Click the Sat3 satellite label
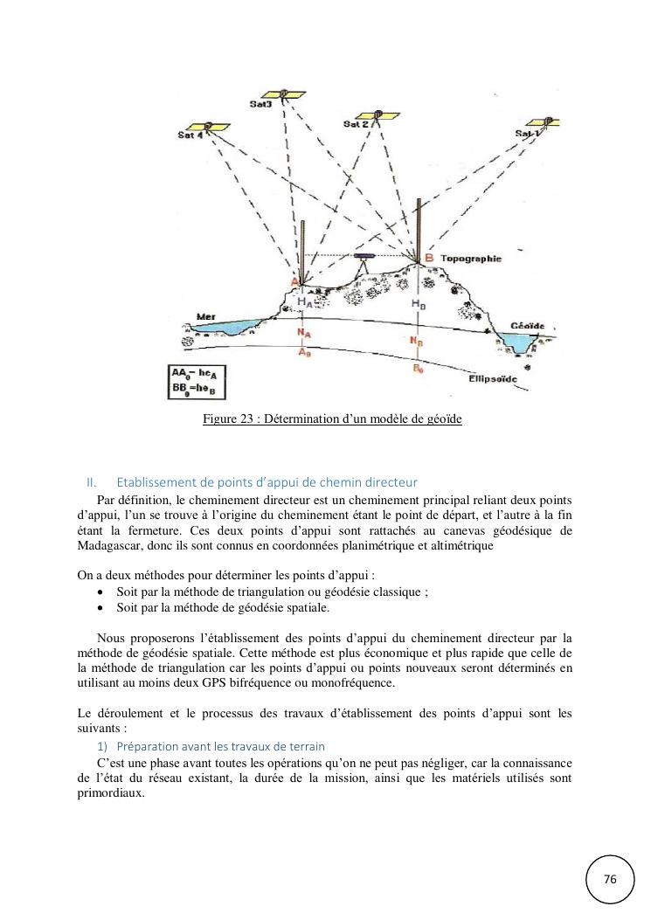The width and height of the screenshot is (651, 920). (x=260, y=105)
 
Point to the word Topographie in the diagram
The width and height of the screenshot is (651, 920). (x=471, y=259)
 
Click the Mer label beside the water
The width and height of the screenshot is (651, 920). (x=206, y=316)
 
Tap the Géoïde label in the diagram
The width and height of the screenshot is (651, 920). (x=528, y=326)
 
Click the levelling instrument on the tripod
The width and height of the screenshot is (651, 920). (x=364, y=259)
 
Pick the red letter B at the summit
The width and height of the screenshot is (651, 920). (x=429, y=259)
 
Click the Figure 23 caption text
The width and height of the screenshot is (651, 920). (x=332, y=419)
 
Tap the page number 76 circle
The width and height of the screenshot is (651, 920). (x=610, y=879)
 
